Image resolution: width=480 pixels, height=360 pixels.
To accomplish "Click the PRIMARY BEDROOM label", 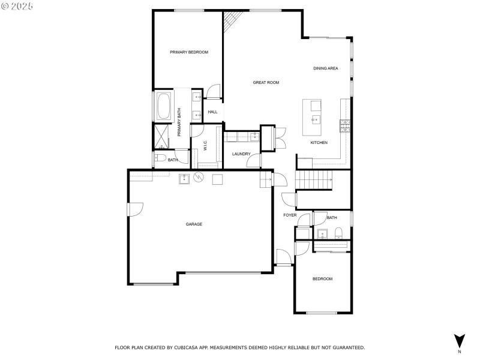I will pos(189,52).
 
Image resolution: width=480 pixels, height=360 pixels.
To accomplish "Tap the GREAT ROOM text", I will pos(266,82).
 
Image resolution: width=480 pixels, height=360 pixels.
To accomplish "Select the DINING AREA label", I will pos(326,68).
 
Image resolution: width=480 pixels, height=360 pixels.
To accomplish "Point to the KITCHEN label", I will pos(319,142).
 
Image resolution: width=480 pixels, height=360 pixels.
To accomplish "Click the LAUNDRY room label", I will pos(241,154).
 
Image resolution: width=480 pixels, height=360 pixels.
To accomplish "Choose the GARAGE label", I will pos(194,224).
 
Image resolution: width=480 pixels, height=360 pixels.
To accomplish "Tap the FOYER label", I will pos(290,215).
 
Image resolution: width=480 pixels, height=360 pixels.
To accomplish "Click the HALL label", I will pos(212,112).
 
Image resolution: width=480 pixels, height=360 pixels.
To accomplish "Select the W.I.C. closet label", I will pos(205,146).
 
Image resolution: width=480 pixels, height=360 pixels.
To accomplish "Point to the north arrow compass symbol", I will pos(459,340).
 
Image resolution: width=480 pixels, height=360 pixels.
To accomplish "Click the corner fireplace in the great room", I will pos(231,23).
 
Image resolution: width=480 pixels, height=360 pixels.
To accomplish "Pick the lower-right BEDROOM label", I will pos(322,279).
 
